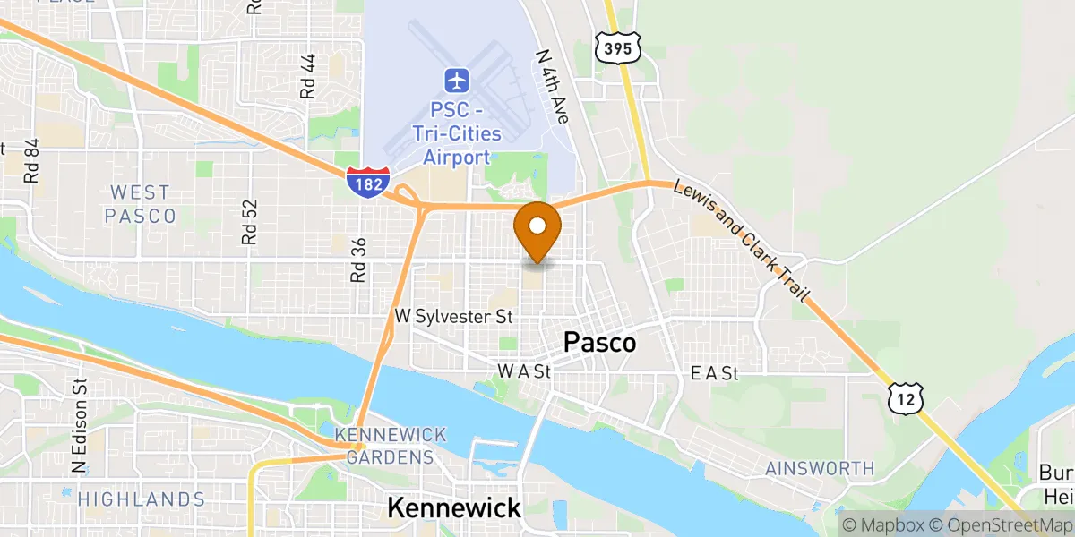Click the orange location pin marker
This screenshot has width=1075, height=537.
537,229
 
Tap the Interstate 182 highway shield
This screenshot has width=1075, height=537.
367,182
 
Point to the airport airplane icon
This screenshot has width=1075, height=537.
457,81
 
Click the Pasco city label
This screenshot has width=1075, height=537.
599,343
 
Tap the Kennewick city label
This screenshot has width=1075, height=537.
453,508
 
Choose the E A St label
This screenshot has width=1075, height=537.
715,374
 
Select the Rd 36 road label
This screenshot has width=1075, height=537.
358,260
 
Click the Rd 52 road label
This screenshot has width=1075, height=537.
249,222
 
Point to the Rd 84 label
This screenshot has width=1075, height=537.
33,160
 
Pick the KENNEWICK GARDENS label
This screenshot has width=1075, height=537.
391,446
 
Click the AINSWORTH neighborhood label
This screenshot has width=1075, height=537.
819,468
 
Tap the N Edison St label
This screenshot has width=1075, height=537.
79,426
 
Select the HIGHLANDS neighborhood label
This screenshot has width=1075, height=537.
141,499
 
